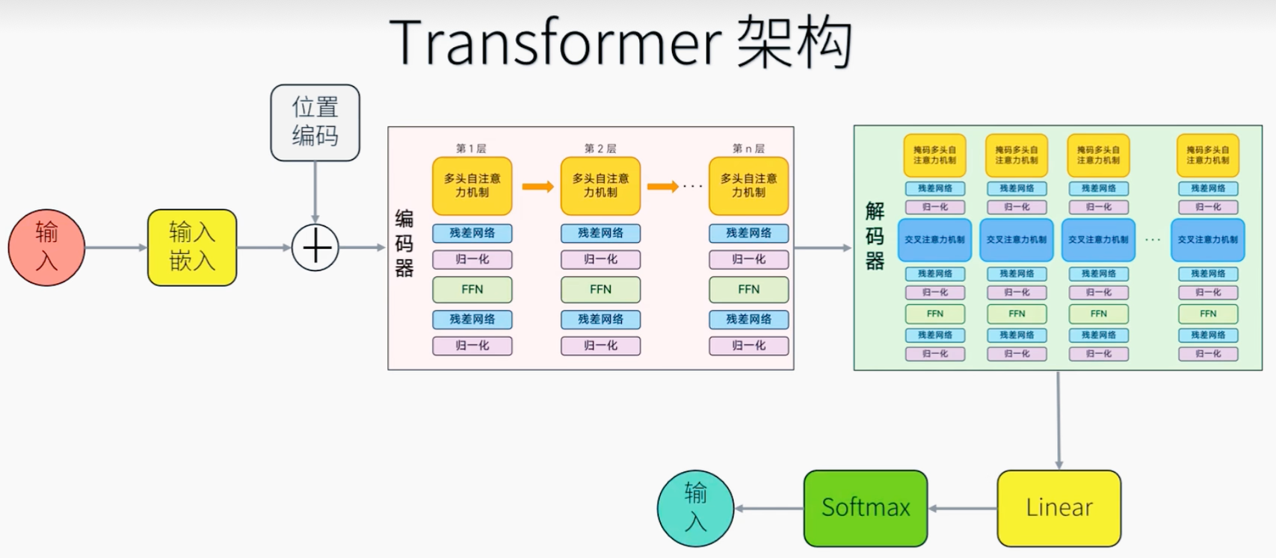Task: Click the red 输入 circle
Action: (x=46, y=247)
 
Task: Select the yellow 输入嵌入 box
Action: (x=192, y=247)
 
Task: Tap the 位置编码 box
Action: (x=315, y=123)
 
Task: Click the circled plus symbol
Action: (x=315, y=247)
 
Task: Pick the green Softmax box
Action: (x=866, y=508)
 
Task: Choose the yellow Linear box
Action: (x=1058, y=508)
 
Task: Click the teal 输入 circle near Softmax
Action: (x=695, y=508)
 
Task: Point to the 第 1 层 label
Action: (x=471, y=148)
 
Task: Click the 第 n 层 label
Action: (x=748, y=148)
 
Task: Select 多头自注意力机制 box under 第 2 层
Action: (x=600, y=186)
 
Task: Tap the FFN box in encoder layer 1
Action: (x=472, y=290)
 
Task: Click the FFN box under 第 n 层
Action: (x=748, y=290)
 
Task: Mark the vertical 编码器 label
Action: (x=404, y=244)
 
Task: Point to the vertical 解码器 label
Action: (x=875, y=236)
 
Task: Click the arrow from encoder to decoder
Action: (x=823, y=247)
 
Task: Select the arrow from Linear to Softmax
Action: (x=963, y=509)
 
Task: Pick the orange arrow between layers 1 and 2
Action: (x=537, y=186)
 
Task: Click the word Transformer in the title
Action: (x=555, y=43)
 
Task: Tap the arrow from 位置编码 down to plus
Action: (x=315, y=192)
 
